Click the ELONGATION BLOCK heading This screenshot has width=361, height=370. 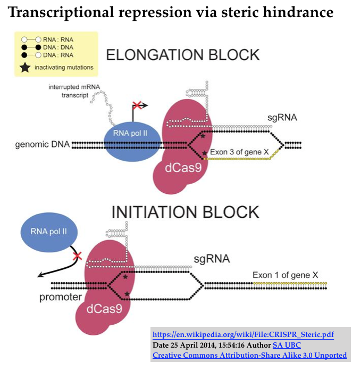coord(183,55)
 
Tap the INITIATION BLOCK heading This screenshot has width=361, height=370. coord(184,212)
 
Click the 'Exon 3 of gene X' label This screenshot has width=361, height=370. coord(239,152)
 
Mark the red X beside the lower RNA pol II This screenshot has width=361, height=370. coord(77,256)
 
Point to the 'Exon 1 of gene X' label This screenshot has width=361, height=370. coord(285,275)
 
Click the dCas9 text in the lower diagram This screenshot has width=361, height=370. coord(104,307)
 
